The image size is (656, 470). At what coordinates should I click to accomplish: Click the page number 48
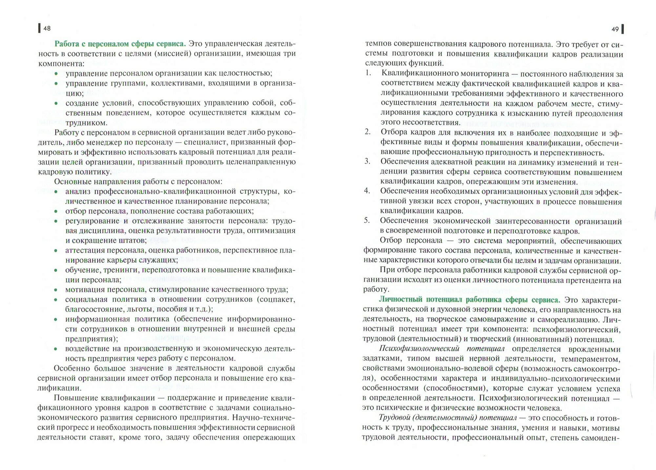click(x=47, y=29)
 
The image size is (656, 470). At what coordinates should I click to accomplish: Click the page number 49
click(x=615, y=29)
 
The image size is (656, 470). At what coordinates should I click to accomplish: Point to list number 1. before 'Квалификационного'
click(x=368, y=73)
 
